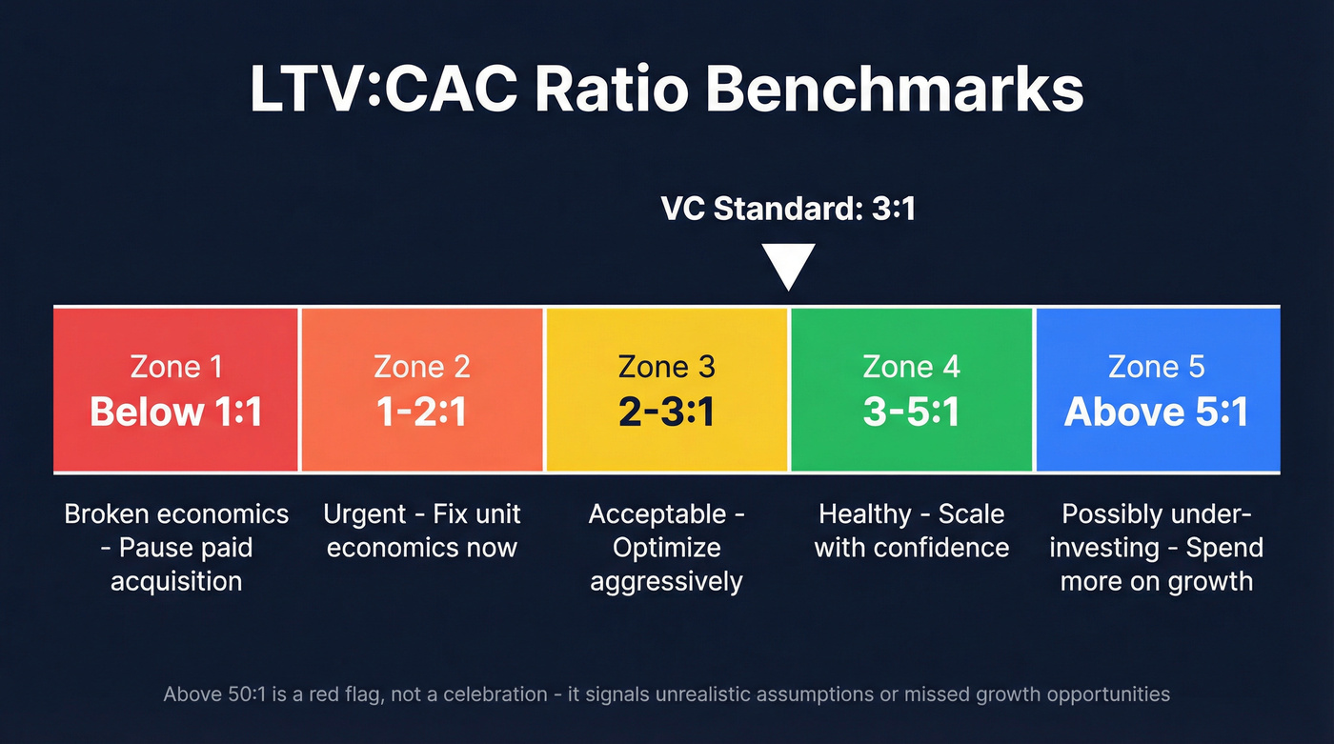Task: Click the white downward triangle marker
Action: (x=789, y=266)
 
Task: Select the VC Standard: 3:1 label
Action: (x=788, y=209)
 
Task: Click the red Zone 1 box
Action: (x=176, y=390)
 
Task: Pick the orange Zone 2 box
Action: (x=422, y=390)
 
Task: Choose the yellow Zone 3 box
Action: (x=666, y=390)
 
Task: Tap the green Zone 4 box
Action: (x=911, y=390)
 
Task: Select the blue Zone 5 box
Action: (x=1157, y=390)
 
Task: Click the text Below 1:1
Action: (x=176, y=412)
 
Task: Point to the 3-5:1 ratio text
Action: (x=911, y=412)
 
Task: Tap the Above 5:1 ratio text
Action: (x=1157, y=412)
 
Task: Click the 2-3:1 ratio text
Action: (x=666, y=412)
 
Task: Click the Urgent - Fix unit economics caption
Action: (x=422, y=531)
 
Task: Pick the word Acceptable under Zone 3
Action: (x=657, y=514)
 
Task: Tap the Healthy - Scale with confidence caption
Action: (x=911, y=531)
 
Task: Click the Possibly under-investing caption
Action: (x=1157, y=548)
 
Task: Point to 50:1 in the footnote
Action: (x=243, y=694)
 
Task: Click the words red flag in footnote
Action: (x=354, y=694)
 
